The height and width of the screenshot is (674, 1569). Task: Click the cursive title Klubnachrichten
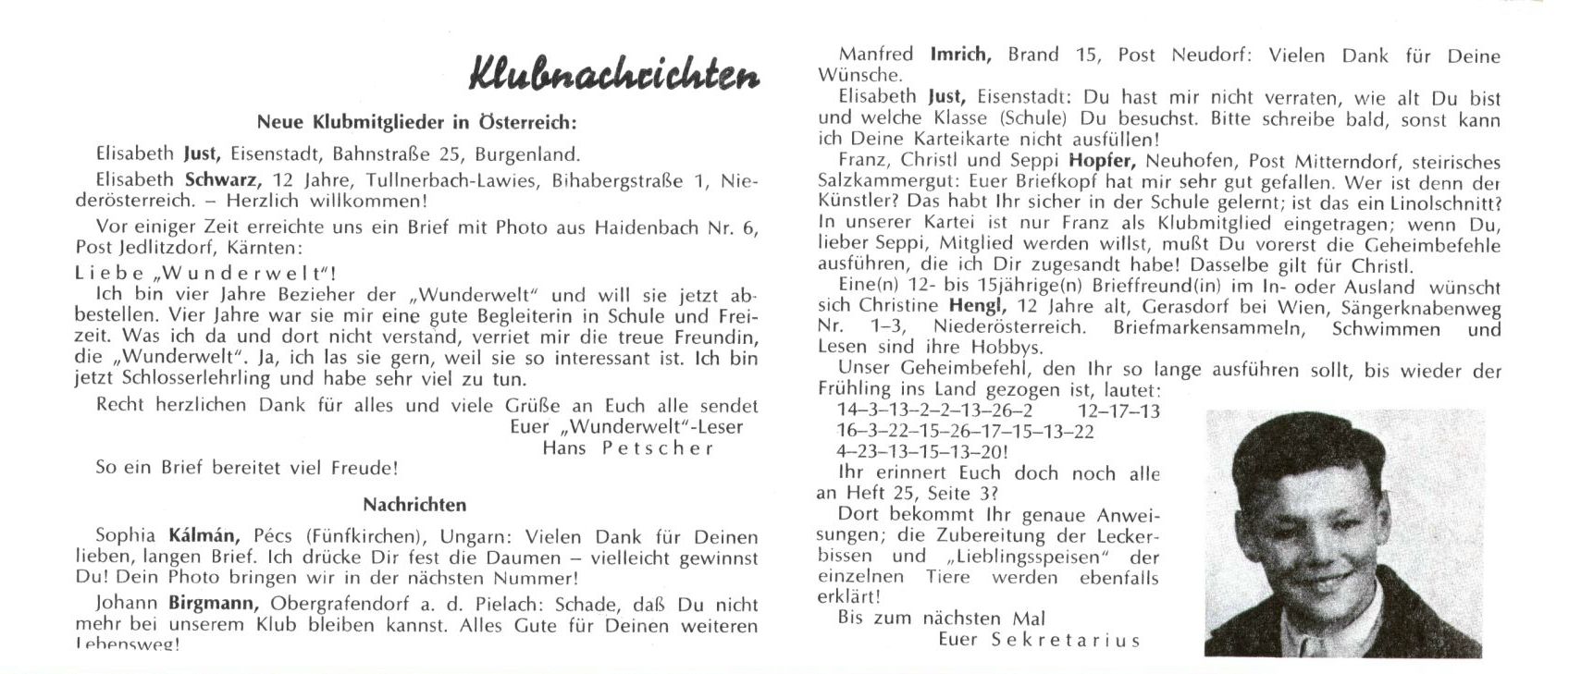pos(614,73)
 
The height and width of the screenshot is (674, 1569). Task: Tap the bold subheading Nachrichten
pos(414,505)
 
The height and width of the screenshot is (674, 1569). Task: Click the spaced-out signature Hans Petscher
pos(628,448)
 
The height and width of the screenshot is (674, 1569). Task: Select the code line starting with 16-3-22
pos(965,432)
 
